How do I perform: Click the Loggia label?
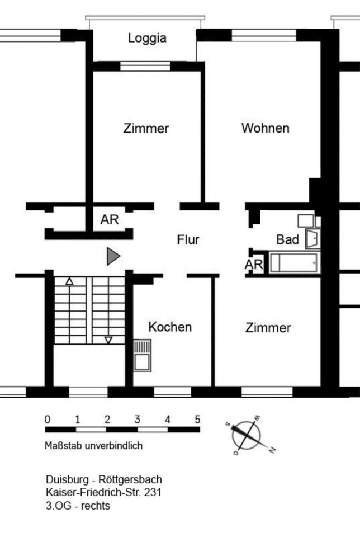point(147,39)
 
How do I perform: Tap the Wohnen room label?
point(265,128)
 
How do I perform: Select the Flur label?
point(188,240)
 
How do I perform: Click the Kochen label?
point(170,327)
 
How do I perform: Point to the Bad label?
point(287,239)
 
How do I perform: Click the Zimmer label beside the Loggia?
point(146,128)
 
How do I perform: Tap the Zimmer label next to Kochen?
point(268,328)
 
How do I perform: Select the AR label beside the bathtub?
point(254,265)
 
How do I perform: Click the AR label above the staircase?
point(110,220)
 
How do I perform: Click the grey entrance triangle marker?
point(113,256)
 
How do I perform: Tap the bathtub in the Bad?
point(295,262)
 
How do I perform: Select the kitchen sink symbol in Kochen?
point(141,356)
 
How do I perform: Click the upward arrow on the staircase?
point(69,281)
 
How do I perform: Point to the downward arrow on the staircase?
point(108,340)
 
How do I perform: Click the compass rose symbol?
point(247,435)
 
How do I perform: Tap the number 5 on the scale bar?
point(197,419)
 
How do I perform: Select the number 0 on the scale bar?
point(48,419)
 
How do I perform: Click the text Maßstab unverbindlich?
point(93,446)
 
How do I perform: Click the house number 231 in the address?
point(153,493)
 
